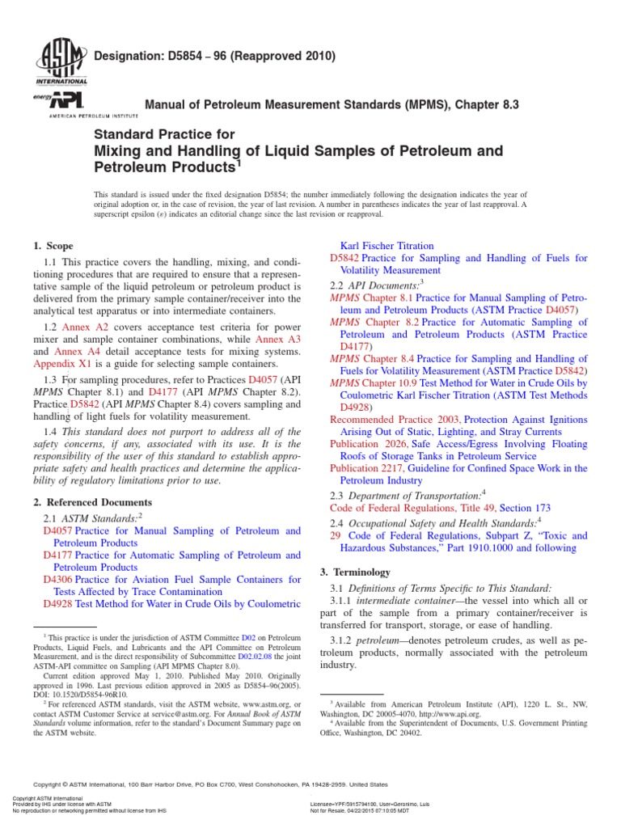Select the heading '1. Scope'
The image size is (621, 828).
(x=53, y=246)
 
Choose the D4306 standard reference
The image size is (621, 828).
(x=58, y=581)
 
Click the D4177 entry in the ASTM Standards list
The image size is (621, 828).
(x=58, y=556)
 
